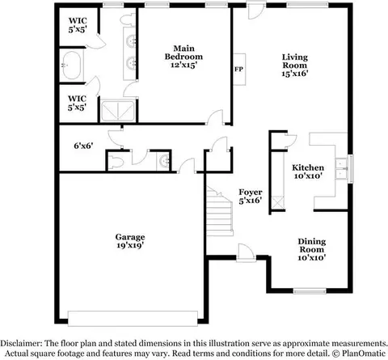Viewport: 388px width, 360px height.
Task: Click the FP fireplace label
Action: coord(238,69)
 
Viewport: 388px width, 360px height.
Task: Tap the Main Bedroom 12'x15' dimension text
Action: coord(183,65)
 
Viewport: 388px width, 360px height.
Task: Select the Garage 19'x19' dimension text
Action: coord(130,245)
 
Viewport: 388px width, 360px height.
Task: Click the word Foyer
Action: coord(251,193)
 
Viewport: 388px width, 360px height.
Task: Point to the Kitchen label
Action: coord(308,167)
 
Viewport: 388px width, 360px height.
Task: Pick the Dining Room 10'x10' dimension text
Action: coord(312,258)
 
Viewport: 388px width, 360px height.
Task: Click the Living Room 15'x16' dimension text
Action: coord(295,74)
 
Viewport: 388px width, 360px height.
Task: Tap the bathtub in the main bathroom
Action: coord(72,66)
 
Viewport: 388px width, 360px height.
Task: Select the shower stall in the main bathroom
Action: coord(118,111)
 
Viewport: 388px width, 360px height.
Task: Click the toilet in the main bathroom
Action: coord(127,19)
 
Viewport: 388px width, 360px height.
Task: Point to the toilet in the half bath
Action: coord(116,162)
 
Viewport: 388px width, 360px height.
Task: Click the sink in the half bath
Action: coord(163,161)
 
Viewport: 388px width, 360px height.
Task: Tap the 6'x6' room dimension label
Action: coord(83,146)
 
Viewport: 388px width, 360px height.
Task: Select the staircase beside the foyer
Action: coord(219,211)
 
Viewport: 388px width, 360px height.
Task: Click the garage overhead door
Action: coord(133,319)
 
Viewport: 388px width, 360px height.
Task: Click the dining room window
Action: coord(310,291)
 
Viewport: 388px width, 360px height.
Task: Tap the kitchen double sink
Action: coord(341,169)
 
